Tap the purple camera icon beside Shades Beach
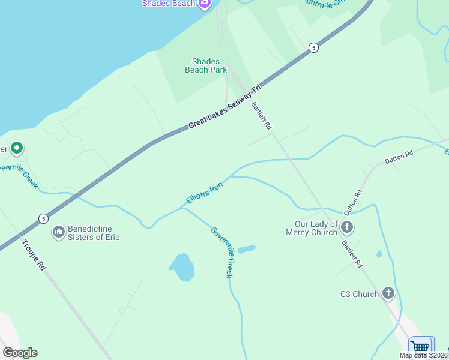[204, 4]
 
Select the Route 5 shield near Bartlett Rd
[313, 47]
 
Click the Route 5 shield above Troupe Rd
[43, 218]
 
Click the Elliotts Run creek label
[205, 193]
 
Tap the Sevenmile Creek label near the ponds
[221, 252]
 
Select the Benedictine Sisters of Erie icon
[59, 231]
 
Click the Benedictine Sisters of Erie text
[94, 233]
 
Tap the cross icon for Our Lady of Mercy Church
[347, 227]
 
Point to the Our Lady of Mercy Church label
[311, 229]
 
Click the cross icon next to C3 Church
[388, 293]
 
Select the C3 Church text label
[360, 294]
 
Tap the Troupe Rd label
[33, 254]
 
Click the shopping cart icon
[421, 347]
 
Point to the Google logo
[20, 353]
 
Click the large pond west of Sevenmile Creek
[182, 267]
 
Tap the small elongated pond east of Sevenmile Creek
[247, 248]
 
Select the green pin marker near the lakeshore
[17, 148]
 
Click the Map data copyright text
[424, 355]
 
